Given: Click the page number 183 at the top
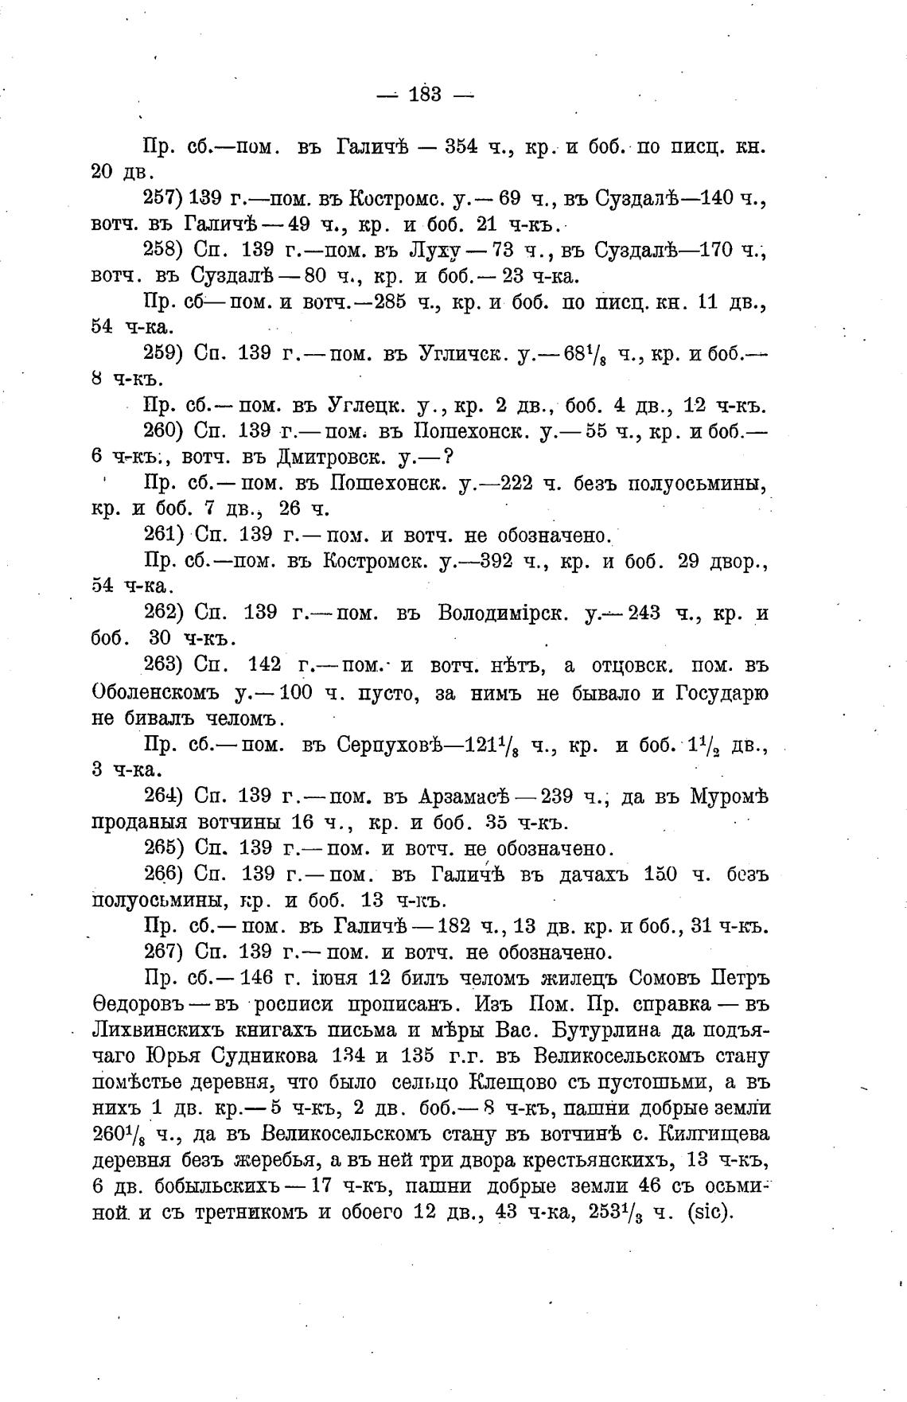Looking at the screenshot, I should (x=425, y=95).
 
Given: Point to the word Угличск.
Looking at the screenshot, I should (x=463, y=354).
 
